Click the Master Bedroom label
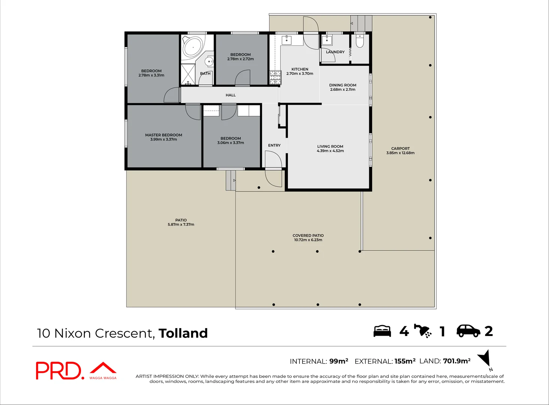[164, 135]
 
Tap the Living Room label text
[330, 147]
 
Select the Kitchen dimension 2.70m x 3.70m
[299, 74]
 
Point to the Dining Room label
[343, 85]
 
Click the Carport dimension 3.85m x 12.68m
[400, 153]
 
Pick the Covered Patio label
[308, 235]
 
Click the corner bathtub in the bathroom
[193, 46]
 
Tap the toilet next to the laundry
[359, 41]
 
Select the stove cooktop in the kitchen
[275, 77]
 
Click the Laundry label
[335, 52]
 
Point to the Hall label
[230, 95]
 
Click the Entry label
[274, 145]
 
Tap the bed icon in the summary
[382, 331]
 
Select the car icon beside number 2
[468, 331]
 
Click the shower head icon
[423, 331]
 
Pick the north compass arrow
[485, 358]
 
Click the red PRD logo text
[58, 370]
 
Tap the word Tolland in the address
[183, 333]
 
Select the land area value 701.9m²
[456, 361]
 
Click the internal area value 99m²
[338, 361]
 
